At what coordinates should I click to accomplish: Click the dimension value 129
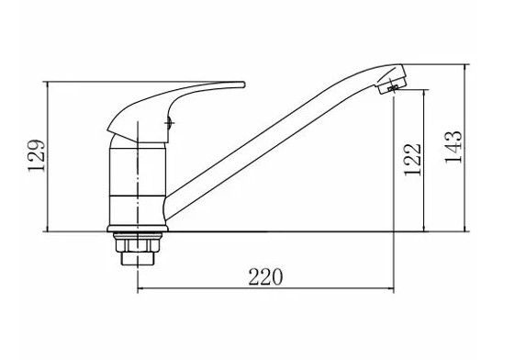click(x=36, y=156)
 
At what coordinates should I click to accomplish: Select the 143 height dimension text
click(x=453, y=147)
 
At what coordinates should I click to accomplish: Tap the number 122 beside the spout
click(x=412, y=160)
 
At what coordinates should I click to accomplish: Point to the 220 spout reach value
click(x=265, y=277)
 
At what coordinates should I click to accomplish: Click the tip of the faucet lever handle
click(x=243, y=84)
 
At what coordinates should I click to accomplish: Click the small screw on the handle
click(x=169, y=123)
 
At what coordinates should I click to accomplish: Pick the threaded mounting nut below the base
click(x=138, y=244)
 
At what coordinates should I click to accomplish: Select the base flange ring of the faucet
click(x=138, y=229)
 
